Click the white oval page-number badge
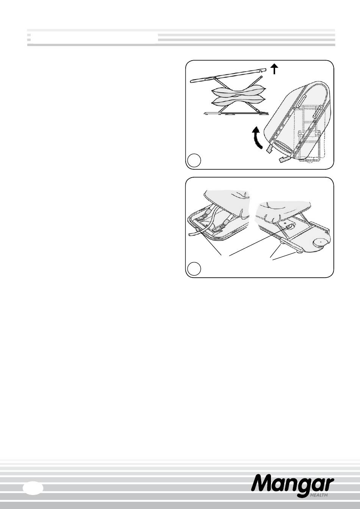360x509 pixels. pyautogui.click(x=33, y=487)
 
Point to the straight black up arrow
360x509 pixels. pyautogui.click(x=275, y=69)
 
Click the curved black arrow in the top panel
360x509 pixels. pyautogui.click(x=258, y=138)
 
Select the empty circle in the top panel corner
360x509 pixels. pyautogui.click(x=194, y=161)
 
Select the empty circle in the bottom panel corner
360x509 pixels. pyautogui.click(x=194, y=269)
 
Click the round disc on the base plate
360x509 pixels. pyautogui.click(x=321, y=243)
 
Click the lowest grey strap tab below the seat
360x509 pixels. pyautogui.click(x=283, y=159)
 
